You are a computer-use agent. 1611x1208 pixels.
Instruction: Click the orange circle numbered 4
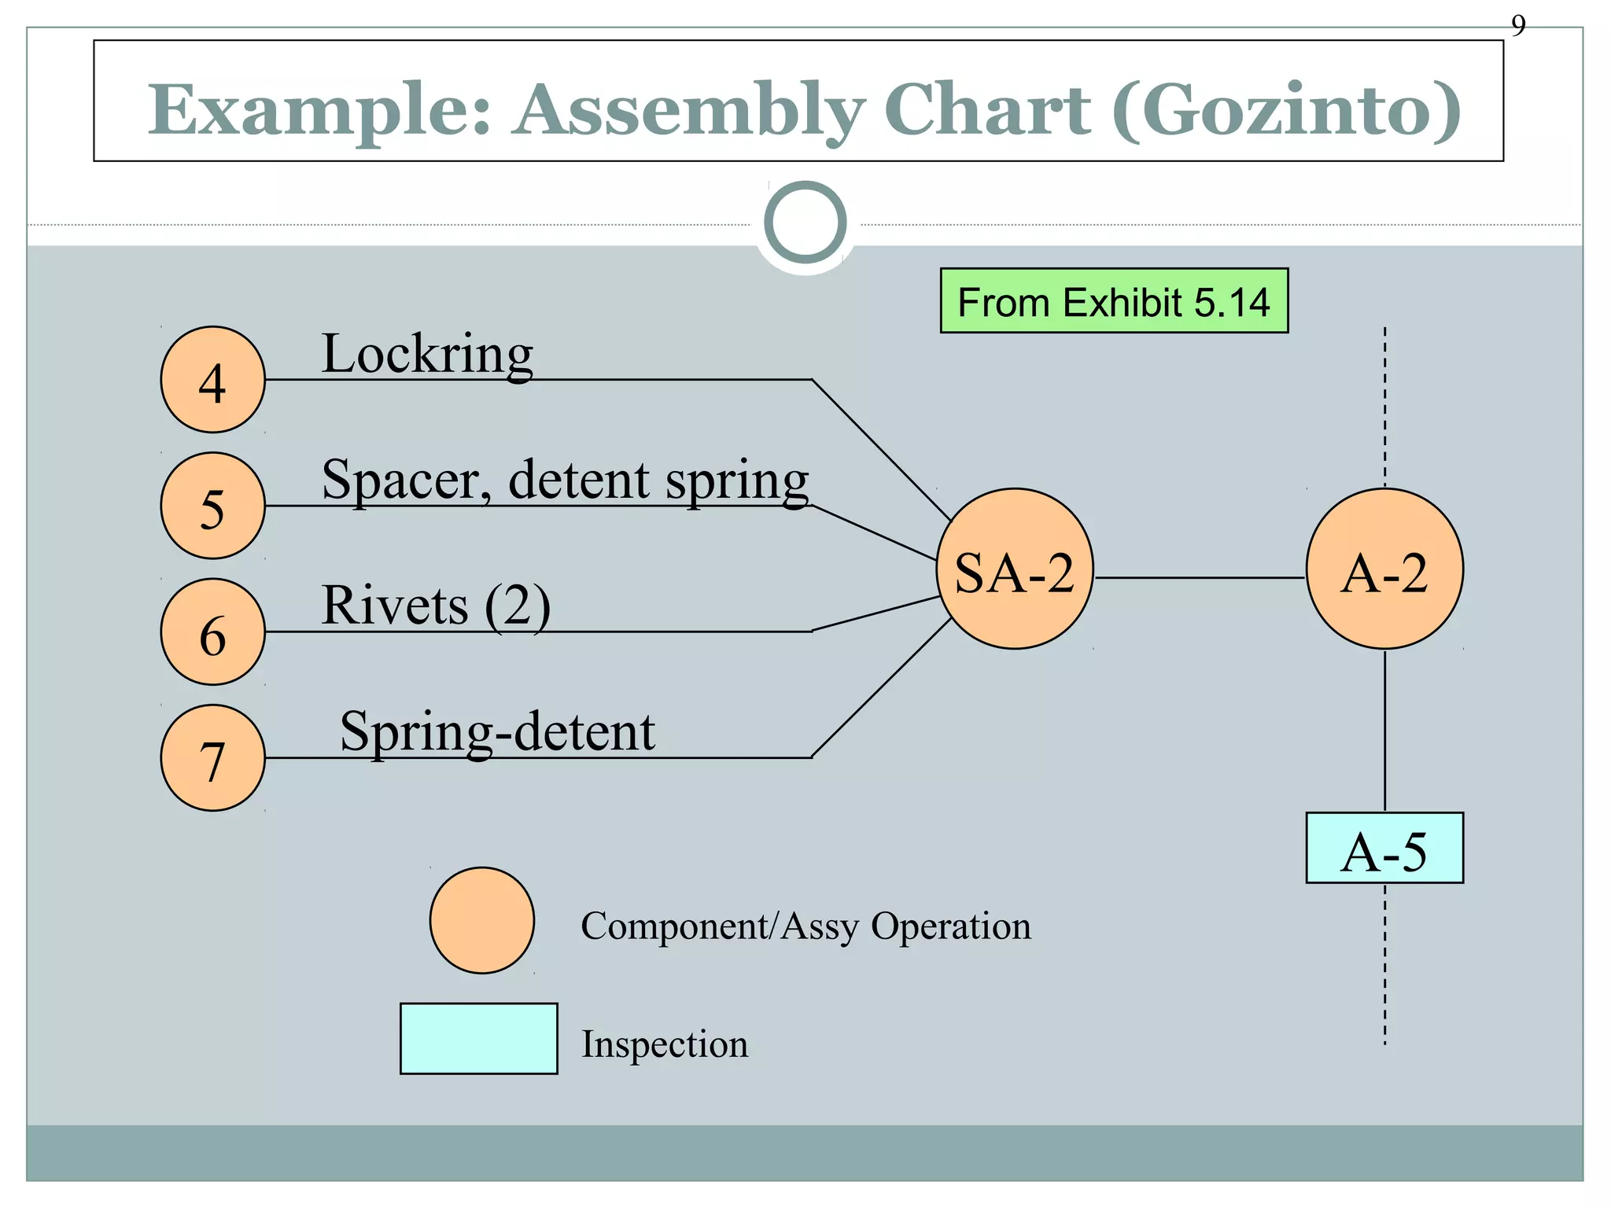pos(212,380)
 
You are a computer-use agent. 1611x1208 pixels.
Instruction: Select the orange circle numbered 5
pos(212,506)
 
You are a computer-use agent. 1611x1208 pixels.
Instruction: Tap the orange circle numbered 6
pos(212,632)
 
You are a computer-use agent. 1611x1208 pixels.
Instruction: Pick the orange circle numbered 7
pos(212,757)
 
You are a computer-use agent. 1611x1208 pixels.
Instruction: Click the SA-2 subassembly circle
pos(1015,569)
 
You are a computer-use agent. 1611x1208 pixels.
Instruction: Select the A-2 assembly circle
pos(1384,569)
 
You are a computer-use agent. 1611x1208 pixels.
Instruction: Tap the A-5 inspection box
pos(1384,848)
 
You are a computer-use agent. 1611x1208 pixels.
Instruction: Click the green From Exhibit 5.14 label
pos(1114,301)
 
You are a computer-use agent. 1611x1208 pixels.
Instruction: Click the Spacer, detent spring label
pos(565,480)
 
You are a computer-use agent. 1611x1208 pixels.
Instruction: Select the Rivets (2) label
pos(436,606)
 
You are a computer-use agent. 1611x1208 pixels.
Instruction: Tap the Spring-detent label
pos(497,731)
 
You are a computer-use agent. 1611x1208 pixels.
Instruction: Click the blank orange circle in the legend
pos(482,920)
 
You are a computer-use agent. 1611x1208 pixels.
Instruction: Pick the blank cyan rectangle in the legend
pos(478,1038)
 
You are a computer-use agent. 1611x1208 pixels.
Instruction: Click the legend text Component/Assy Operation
pos(805,926)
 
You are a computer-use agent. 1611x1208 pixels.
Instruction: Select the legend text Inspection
pos(665,1044)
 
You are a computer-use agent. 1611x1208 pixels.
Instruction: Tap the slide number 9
pos(1518,26)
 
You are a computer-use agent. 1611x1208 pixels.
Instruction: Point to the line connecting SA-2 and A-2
pos(1200,578)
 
